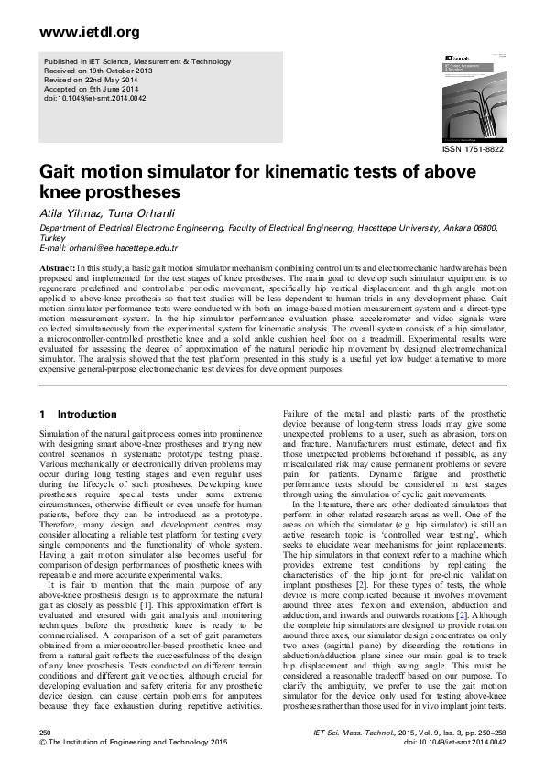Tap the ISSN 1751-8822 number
click(473, 148)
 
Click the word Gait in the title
click(62, 172)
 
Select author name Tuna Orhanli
click(141, 211)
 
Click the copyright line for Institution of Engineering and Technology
click(128, 744)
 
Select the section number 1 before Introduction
click(43, 415)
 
